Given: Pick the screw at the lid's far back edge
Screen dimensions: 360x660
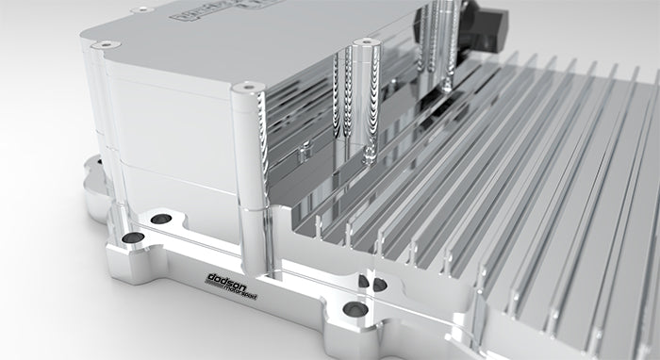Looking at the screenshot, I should [142, 10].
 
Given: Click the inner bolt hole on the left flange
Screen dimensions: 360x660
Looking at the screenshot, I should [161, 219].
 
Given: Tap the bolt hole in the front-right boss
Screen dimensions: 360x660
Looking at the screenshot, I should [355, 308].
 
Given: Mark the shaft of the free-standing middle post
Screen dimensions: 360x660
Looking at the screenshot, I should [360, 104].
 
